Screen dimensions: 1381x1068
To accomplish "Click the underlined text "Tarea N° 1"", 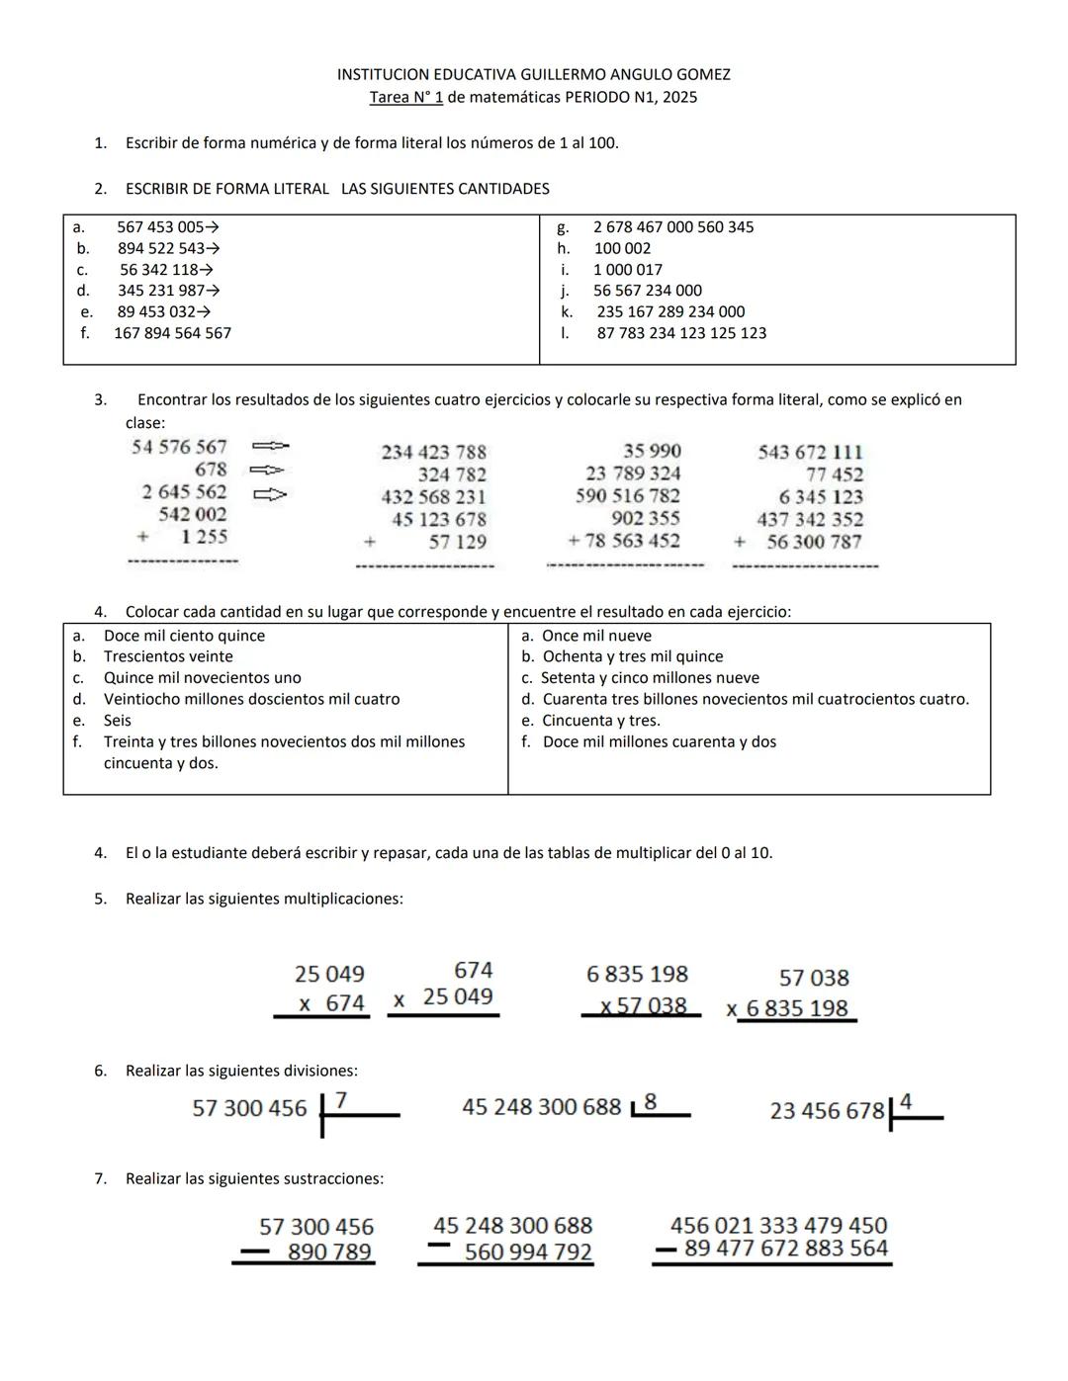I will coord(405,97).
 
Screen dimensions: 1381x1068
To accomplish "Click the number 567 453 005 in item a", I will coord(160,227).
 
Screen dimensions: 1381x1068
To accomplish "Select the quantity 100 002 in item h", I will coord(622,248).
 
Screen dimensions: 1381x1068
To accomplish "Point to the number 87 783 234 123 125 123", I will coord(681,333).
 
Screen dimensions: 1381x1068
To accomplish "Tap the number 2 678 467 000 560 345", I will coord(673,227).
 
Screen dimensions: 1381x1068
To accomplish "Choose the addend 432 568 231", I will coord(433,497).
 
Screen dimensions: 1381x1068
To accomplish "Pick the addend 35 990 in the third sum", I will coord(652,452).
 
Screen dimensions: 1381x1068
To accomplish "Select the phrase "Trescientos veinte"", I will coord(168,656).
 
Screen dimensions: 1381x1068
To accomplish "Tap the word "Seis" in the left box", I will coord(117,721).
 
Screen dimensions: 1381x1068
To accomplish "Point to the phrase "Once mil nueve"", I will coord(596,636).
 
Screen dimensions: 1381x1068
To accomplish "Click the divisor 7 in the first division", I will coord(341,1099).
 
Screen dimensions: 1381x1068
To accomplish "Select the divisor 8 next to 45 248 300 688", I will coord(651,1100).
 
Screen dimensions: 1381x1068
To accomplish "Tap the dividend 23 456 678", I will coord(827,1111).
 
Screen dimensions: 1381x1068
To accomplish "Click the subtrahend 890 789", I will coord(329,1252).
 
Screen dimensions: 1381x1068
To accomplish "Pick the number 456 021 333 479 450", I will coord(778,1225).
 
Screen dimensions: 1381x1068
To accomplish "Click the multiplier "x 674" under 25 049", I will coord(332,1003).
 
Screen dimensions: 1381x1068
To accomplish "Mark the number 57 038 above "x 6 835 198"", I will coord(814,978).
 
